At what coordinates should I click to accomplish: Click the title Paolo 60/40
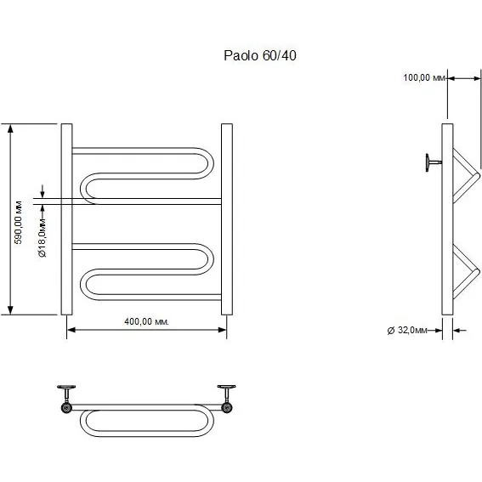click(260, 55)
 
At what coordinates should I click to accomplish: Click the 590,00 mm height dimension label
click(19, 222)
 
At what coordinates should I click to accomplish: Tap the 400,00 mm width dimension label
click(146, 321)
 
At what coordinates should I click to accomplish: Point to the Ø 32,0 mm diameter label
click(407, 331)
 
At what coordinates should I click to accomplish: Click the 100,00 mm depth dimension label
click(424, 77)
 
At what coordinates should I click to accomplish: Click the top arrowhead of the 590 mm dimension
click(10, 128)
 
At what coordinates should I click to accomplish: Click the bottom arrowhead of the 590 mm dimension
click(10, 310)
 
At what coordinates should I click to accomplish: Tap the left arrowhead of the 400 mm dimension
click(71, 330)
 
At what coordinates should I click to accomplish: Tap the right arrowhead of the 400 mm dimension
click(222, 330)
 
